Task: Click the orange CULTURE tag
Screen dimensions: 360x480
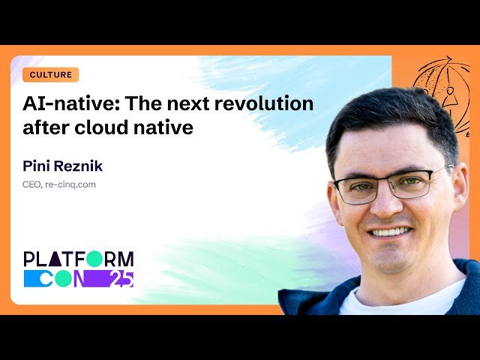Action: coord(51,75)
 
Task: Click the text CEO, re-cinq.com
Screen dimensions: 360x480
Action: coord(59,184)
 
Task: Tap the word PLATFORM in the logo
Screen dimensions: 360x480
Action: coord(79,259)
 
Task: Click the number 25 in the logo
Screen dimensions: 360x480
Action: coord(121,279)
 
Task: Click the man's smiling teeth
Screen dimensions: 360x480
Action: coord(391,232)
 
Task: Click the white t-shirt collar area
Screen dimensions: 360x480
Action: coord(397,300)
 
